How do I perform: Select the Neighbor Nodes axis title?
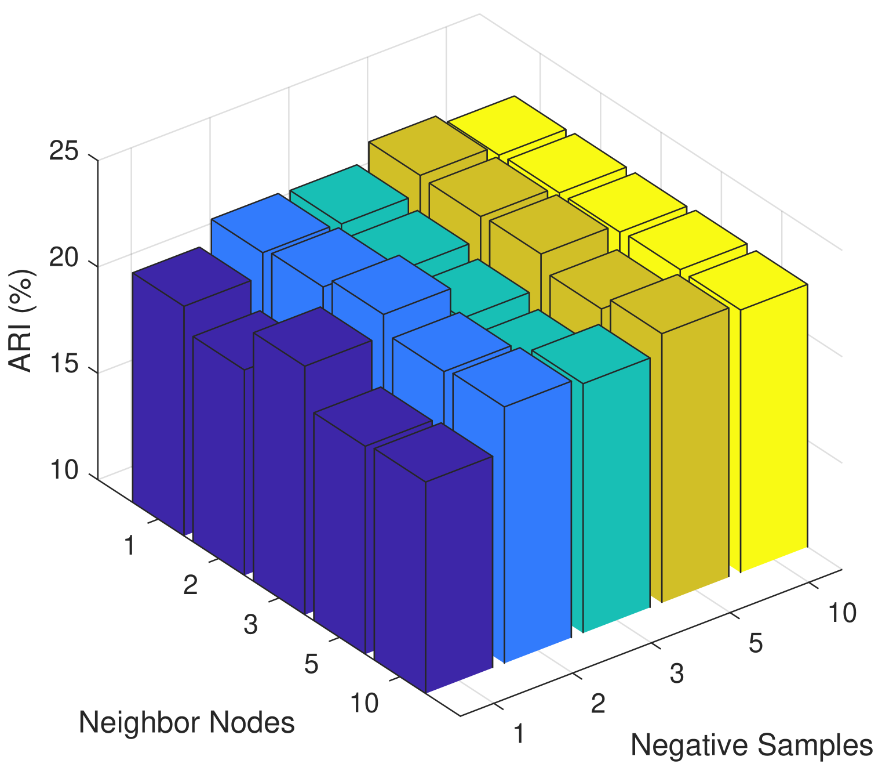187,723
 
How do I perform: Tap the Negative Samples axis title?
752,745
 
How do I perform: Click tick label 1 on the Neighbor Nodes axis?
130,546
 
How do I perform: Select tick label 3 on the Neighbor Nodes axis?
250,625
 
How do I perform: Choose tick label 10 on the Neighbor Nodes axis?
365,704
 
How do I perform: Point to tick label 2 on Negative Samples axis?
598,704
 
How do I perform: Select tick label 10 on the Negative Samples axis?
842,613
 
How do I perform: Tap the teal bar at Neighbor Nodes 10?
615,499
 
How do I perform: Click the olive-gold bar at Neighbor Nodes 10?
694,458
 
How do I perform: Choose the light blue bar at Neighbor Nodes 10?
537,528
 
